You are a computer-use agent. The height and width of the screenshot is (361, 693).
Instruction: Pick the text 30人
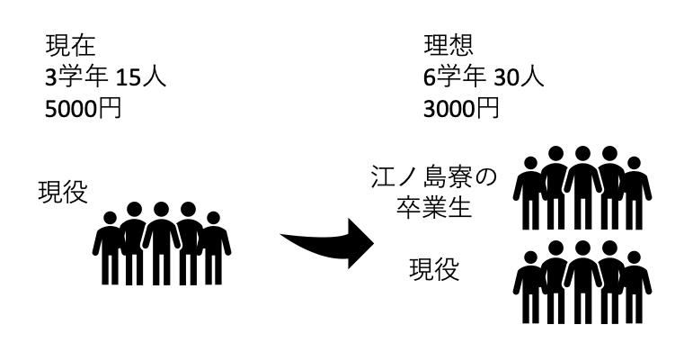coord(520,76)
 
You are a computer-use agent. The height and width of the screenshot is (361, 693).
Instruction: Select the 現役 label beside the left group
coord(62,191)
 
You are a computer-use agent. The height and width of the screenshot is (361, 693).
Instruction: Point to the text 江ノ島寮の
coord(434,176)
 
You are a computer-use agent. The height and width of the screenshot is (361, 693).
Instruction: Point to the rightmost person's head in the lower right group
coord(635,259)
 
